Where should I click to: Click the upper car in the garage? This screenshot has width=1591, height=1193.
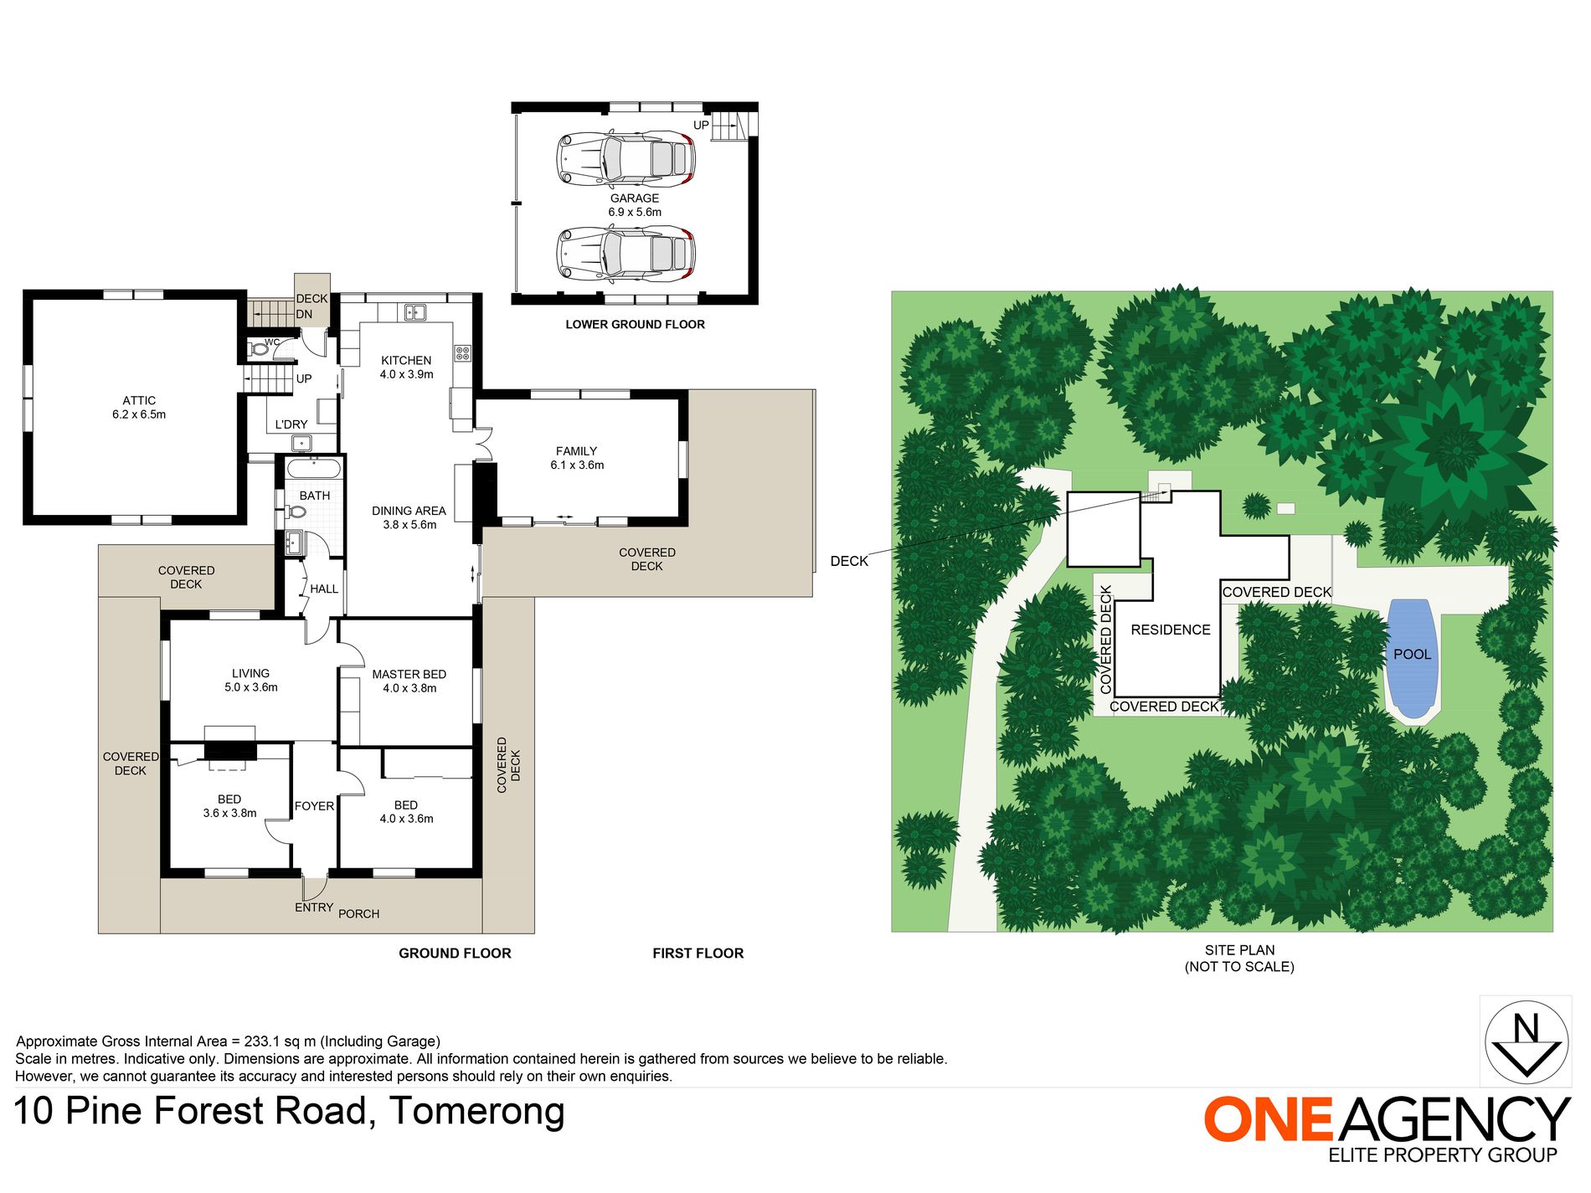(626, 157)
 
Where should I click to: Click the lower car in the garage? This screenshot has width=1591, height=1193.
(626, 255)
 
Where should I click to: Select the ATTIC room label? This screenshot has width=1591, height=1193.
(139, 401)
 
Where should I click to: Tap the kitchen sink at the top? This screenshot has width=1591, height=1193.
(415, 313)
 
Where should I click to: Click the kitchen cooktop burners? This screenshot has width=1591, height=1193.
(463, 353)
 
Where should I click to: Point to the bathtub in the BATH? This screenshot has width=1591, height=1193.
(314, 468)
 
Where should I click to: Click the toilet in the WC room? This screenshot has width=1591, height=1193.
(259, 349)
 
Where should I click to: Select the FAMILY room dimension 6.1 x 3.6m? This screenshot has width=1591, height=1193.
(577, 465)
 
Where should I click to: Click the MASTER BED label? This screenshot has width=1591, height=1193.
(409, 675)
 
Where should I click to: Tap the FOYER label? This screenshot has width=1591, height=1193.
(314, 806)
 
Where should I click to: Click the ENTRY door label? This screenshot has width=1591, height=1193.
(314, 908)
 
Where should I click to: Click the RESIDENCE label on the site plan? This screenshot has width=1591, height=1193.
(1171, 630)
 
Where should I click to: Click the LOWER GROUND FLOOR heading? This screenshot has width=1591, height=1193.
(635, 325)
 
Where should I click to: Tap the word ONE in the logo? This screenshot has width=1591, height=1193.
(1269, 1120)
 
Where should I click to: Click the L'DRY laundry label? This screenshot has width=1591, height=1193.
(291, 424)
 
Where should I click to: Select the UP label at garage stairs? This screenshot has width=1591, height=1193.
(701, 126)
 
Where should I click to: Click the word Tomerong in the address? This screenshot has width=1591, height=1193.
(477, 1112)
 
